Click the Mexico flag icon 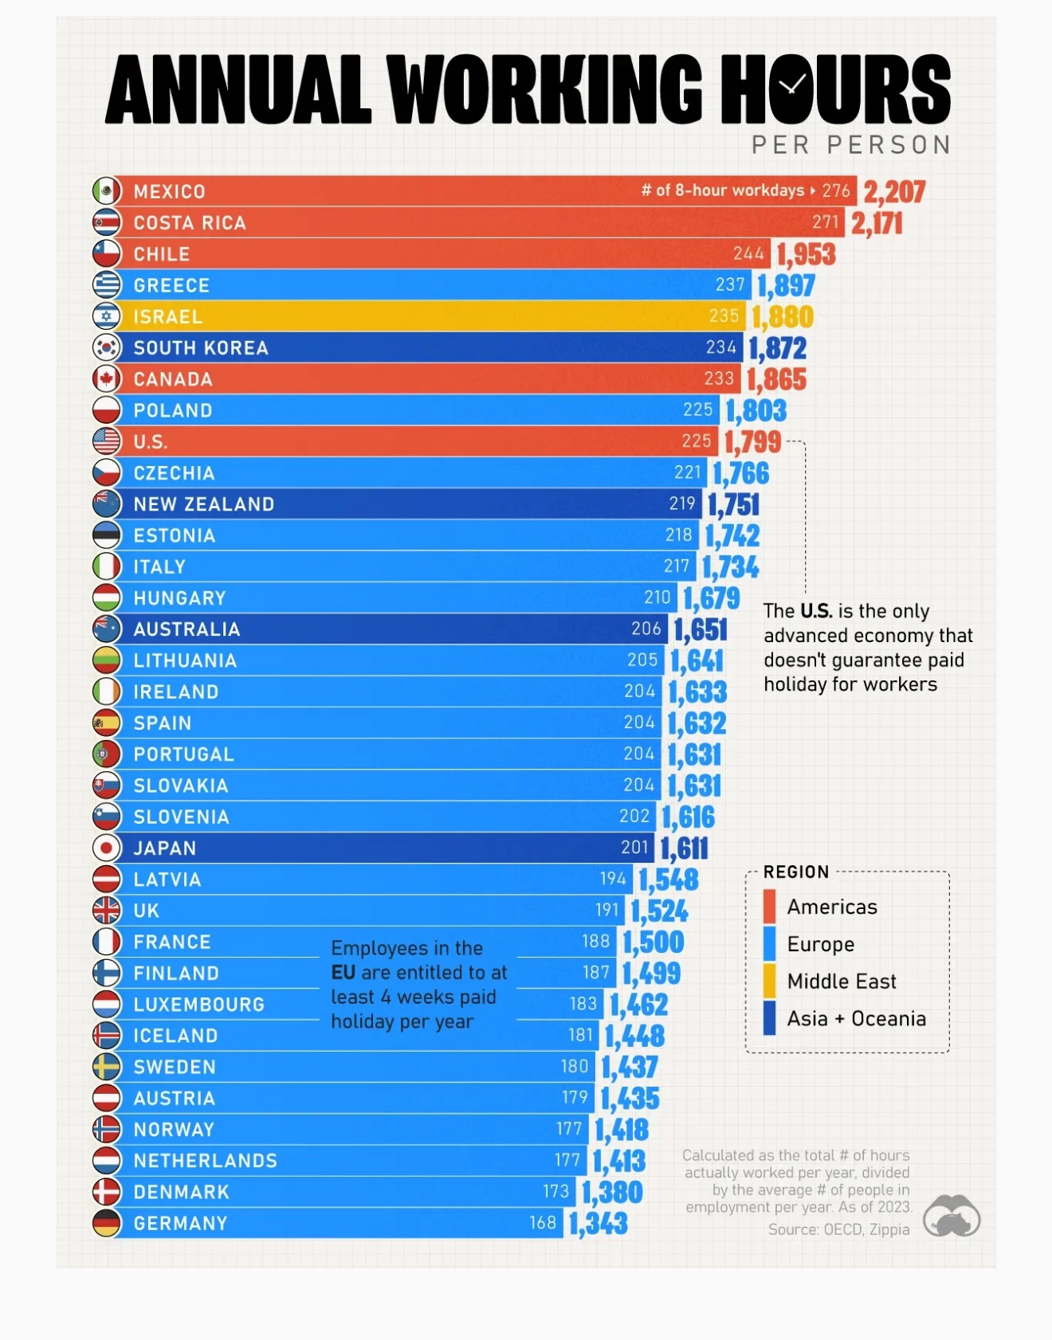pyautogui.click(x=107, y=191)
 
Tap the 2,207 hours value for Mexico pyautogui.click(x=894, y=192)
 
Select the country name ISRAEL pyautogui.click(x=168, y=317)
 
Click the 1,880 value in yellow pyautogui.click(x=782, y=317)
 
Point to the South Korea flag pyautogui.click(x=107, y=347)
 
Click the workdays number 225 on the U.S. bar pyautogui.click(x=697, y=441)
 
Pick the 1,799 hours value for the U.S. pyautogui.click(x=752, y=441)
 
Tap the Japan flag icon pyautogui.click(x=107, y=848)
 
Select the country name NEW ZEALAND pyautogui.click(x=204, y=504)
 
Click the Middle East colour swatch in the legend pyautogui.click(x=769, y=981)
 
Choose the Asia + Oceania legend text pyautogui.click(x=856, y=1019)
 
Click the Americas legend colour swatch pyautogui.click(x=769, y=907)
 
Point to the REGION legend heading pyautogui.click(x=796, y=872)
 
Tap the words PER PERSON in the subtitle pyautogui.click(x=851, y=145)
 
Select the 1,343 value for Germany pyautogui.click(x=599, y=1224)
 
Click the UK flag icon pyautogui.click(x=107, y=911)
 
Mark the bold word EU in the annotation pyautogui.click(x=343, y=973)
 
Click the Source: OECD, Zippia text pyautogui.click(x=838, y=1229)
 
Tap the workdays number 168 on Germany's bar pyautogui.click(x=543, y=1223)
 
